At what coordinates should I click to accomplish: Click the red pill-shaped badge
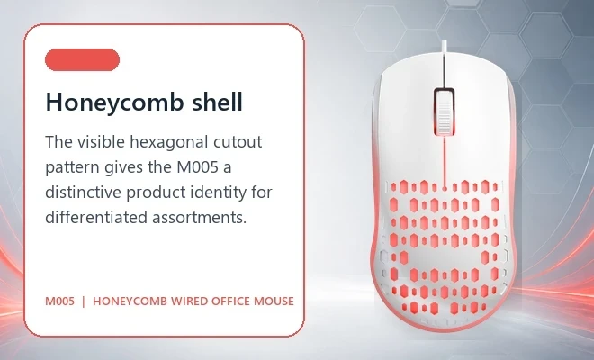[82, 59]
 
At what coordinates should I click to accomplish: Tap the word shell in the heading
[217, 101]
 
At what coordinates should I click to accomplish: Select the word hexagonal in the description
[169, 143]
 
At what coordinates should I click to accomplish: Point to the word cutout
[238, 142]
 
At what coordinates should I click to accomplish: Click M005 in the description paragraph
[198, 167]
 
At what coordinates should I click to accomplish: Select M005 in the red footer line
[60, 301]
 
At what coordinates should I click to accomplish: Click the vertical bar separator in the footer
[84, 301]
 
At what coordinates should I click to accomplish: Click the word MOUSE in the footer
[274, 301]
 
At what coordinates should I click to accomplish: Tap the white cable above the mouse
[444, 47]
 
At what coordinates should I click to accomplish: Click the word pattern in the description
[72, 168]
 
